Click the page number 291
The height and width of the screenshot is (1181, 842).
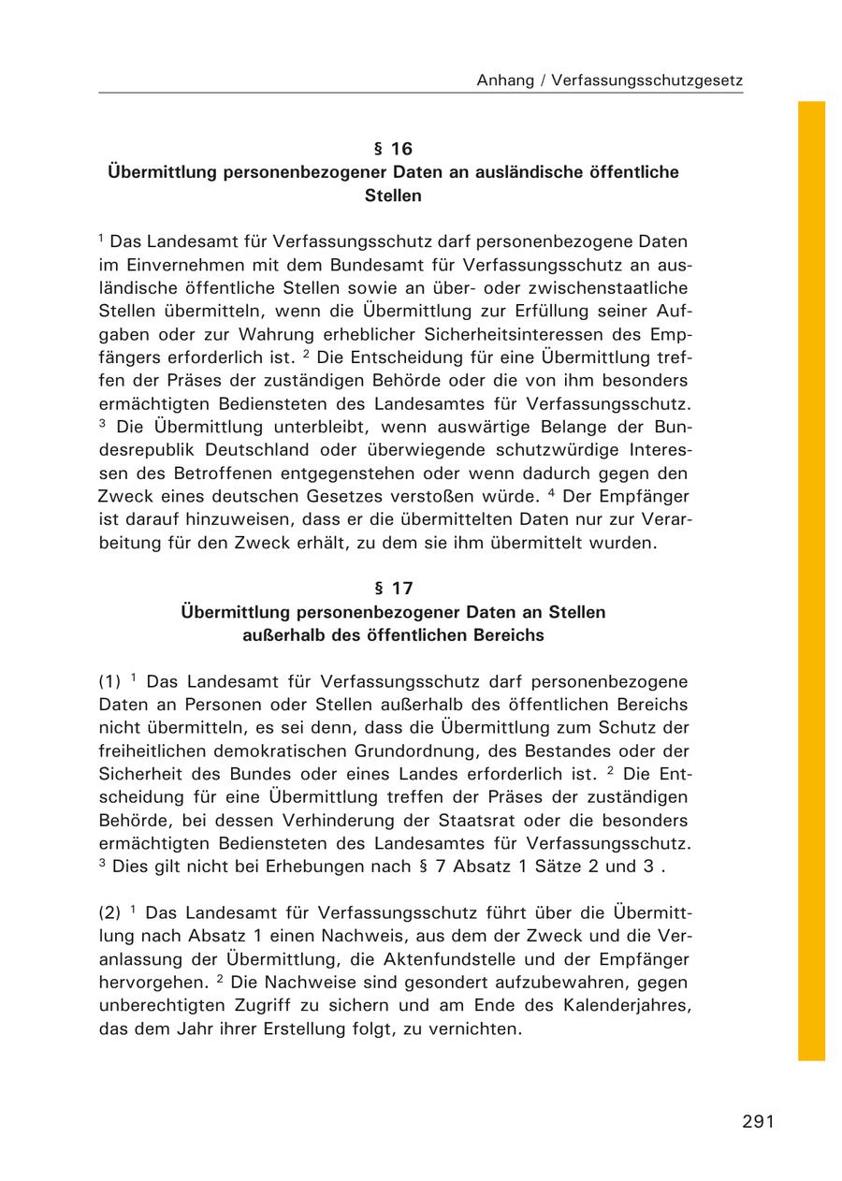[758, 1122]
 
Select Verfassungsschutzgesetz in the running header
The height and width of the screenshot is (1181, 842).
[647, 80]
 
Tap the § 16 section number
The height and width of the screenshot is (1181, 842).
[393, 149]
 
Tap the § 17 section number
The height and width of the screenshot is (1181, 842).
[393, 589]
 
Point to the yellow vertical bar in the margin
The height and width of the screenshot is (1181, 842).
[811, 580]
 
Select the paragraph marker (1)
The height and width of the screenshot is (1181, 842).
[110, 681]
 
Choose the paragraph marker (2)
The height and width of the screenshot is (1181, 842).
[110, 912]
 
